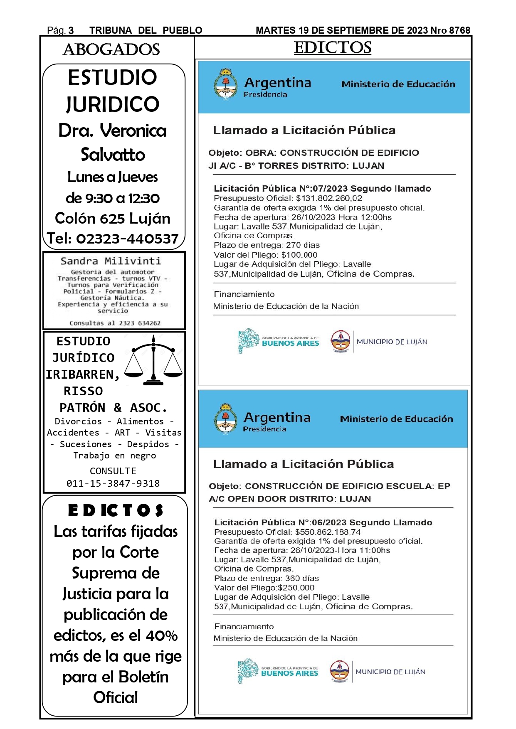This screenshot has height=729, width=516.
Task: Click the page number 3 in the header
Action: coord(71,30)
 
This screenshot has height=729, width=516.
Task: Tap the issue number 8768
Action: coord(459,30)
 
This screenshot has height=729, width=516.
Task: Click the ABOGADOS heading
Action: coord(111,49)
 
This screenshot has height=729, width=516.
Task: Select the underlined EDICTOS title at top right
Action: coord(332,47)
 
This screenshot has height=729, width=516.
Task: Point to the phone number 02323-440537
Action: coord(127,239)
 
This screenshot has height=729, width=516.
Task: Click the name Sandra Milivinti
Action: coord(111,261)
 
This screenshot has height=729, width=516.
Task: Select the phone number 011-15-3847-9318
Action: coord(113,483)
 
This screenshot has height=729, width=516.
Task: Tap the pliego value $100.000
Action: coord(299,255)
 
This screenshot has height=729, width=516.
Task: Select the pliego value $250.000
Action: coord(296,588)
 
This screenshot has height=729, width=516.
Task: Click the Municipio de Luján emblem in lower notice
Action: coord(339,671)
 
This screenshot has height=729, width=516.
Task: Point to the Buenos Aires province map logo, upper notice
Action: coord(248,340)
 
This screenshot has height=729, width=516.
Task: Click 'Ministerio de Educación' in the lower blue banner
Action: coord(396,419)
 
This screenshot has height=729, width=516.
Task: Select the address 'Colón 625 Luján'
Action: coord(113,218)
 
